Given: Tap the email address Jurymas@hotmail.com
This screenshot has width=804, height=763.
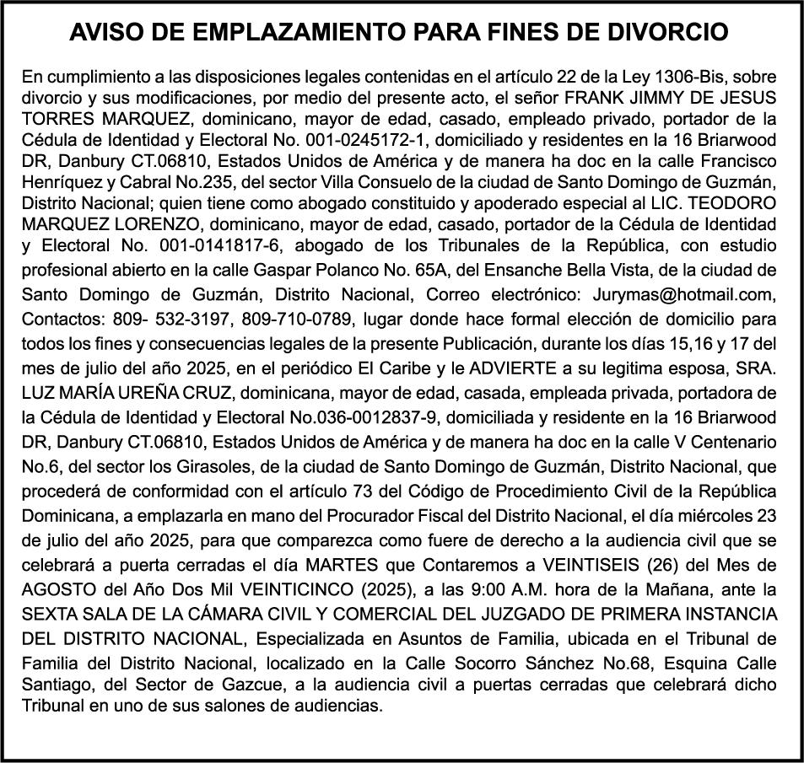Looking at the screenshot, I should (x=689, y=294).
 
